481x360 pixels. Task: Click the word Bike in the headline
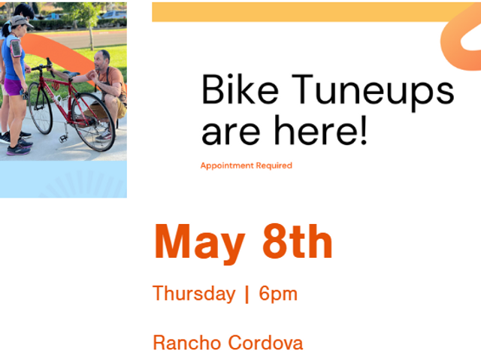point(240,89)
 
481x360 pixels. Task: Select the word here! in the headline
point(321,130)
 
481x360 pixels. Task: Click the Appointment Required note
point(247,165)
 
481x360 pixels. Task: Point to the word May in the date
point(200,244)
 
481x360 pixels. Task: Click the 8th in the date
point(298,242)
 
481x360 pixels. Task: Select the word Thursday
point(194,294)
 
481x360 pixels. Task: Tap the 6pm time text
point(278,294)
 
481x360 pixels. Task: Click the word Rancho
point(188,343)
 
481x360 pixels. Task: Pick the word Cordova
point(265,343)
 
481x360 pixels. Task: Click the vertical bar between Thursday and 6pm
point(247,294)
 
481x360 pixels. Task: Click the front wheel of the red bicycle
point(40,107)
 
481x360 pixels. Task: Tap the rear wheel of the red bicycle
point(93,122)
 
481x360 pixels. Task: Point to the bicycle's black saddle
point(71,74)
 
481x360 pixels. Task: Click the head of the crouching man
point(101,59)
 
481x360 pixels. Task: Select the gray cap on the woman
point(20,21)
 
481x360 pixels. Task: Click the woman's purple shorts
point(13,86)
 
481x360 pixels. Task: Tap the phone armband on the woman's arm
point(16,48)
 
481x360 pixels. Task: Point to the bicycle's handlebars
point(43,67)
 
